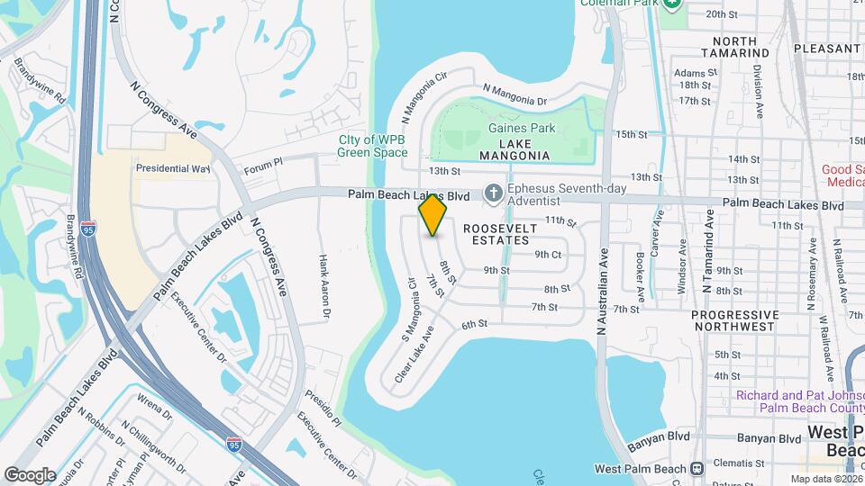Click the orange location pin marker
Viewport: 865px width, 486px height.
click(x=433, y=215)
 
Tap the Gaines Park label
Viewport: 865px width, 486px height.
click(x=522, y=128)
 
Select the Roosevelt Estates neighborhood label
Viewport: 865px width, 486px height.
click(x=500, y=234)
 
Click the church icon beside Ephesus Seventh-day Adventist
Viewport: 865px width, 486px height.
click(x=493, y=192)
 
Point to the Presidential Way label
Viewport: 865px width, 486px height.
click(x=172, y=168)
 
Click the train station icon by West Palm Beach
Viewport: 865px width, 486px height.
click(x=697, y=468)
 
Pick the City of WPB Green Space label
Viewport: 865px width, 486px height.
click(x=372, y=146)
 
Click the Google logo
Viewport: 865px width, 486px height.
click(x=30, y=474)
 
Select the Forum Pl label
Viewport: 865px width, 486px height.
click(x=263, y=165)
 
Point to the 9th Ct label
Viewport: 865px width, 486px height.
click(x=548, y=255)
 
